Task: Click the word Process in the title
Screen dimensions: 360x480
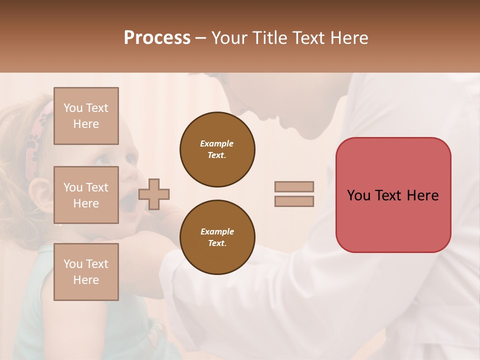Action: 157,38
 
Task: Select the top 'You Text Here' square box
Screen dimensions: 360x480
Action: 86,116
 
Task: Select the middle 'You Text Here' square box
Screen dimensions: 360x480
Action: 86,195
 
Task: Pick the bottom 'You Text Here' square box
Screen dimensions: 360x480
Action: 86,272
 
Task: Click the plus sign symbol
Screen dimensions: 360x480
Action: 154,194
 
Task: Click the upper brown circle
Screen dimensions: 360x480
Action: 217,149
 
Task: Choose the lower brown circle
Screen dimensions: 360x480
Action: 217,237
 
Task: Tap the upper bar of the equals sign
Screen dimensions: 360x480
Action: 294,186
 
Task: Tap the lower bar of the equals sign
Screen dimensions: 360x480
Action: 294,201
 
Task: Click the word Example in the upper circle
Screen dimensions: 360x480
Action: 217,143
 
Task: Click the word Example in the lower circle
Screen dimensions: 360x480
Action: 217,231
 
